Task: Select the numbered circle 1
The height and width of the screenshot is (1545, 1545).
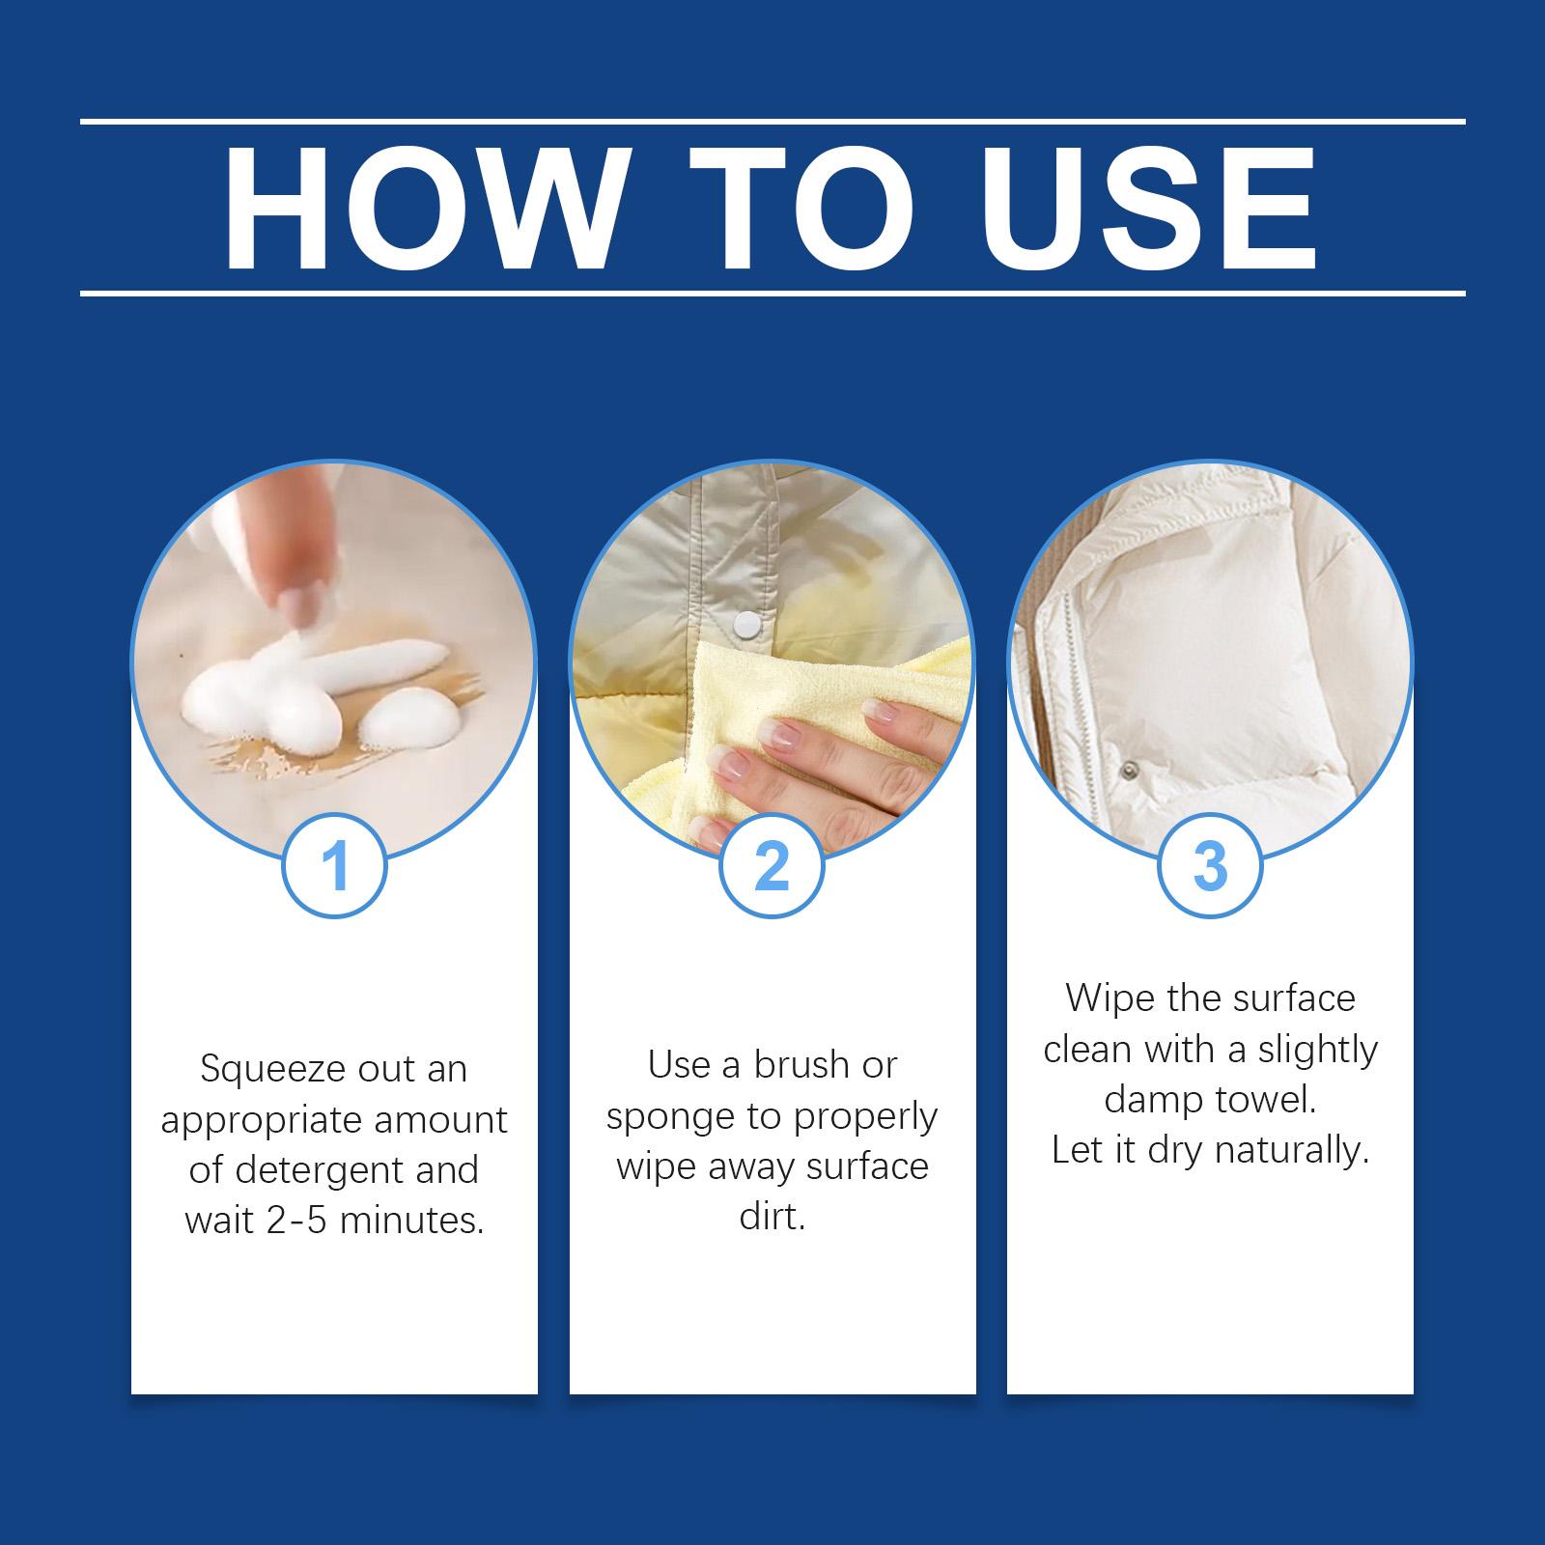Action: pos(334,865)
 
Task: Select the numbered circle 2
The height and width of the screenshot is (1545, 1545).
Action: pos(772,865)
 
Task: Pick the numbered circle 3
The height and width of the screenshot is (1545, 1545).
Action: pos(1209,865)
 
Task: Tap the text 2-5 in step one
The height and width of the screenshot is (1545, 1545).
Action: pos(271,1222)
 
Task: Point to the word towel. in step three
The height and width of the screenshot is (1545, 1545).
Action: pos(1267,1100)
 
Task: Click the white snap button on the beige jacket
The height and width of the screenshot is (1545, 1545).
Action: pos(748,627)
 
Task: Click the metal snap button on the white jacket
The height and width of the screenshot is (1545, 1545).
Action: pos(1127,770)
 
